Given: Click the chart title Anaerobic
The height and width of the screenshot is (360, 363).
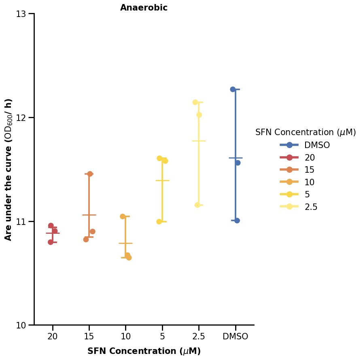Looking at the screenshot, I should [x=144, y=8].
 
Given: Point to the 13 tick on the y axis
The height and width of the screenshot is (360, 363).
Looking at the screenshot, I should [x=21, y=14].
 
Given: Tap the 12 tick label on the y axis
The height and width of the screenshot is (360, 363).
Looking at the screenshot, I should [x=21, y=118].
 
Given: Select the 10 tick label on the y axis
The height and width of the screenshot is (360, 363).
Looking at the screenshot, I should [x=21, y=325].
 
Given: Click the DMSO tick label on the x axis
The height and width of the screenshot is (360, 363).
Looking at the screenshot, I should [x=235, y=337].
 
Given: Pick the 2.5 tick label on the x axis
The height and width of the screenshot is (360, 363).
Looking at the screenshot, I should [x=198, y=337].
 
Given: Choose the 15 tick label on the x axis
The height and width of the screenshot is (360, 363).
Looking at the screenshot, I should [x=89, y=337].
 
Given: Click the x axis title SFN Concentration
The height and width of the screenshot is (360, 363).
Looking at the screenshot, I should [x=144, y=351].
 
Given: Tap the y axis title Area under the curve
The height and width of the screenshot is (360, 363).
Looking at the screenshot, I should [x=8, y=169].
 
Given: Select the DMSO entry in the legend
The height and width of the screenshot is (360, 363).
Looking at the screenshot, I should [x=317, y=145].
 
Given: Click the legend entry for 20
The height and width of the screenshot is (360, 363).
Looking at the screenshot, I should [x=310, y=158].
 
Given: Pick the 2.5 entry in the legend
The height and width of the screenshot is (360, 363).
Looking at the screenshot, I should [x=311, y=207].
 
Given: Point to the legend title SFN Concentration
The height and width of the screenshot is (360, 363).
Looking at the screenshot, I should [x=306, y=132].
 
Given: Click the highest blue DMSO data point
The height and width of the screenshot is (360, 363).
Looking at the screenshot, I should [x=233, y=89].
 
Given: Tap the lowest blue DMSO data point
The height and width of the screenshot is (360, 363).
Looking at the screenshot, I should [x=237, y=220].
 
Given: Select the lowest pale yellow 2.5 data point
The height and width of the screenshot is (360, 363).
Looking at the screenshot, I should [x=197, y=205].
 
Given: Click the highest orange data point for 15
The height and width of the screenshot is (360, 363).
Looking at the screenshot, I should [x=90, y=174].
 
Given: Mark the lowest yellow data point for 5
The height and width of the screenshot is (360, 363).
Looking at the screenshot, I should [x=159, y=222].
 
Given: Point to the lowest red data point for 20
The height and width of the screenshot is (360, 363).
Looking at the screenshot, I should [x=51, y=242].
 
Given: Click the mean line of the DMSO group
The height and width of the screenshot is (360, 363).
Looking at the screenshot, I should [x=236, y=158].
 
